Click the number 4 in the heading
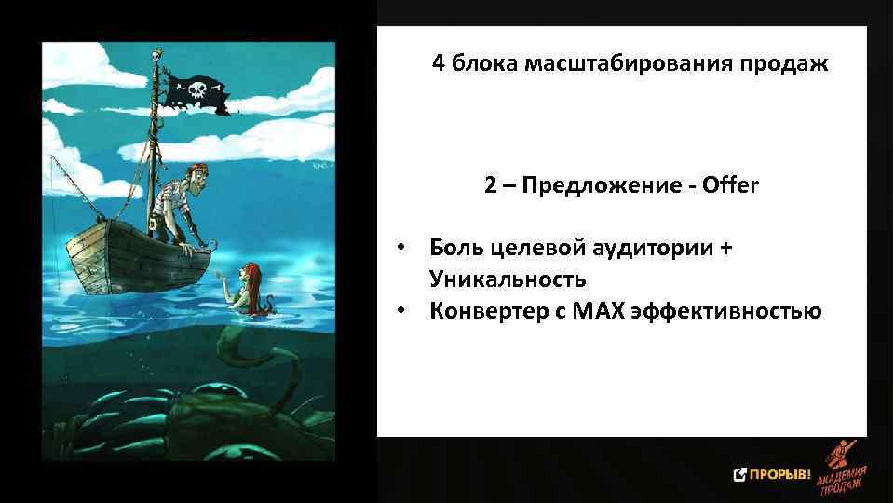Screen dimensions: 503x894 coord(438,65)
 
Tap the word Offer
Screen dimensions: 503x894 coord(731,185)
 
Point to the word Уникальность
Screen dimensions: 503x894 coord(508,279)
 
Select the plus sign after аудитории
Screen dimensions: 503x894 coord(726,249)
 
